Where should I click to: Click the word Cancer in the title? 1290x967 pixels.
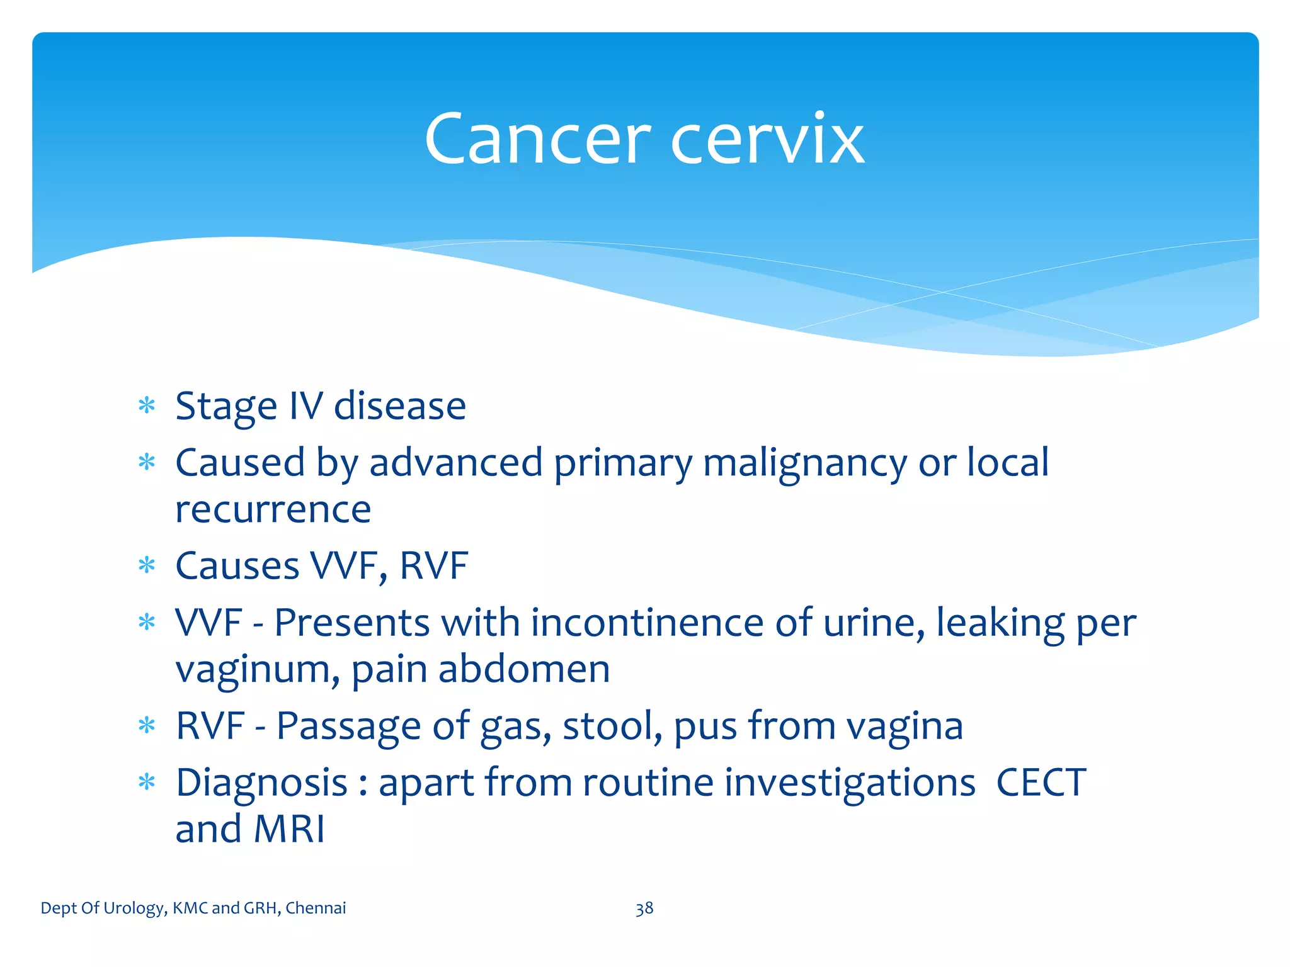pyautogui.click(x=537, y=140)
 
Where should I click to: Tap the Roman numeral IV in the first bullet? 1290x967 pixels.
pyautogui.click(x=305, y=406)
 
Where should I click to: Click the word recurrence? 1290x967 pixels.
pyautogui.click(x=273, y=510)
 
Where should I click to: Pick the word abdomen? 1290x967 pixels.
pyautogui.click(x=524, y=669)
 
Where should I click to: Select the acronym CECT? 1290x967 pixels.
pyautogui.click(x=1041, y=783)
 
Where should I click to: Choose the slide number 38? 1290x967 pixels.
pyautogui.click(x=644, y=908)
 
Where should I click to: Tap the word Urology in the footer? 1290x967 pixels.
pyautogui.click(x=134, y=908)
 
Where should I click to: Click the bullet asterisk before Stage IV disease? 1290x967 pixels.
pyautogui.click(x=147, y=405)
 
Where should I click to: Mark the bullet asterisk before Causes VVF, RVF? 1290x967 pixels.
pyautogui.click(x=147, y=565)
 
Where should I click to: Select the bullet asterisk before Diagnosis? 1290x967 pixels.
pyautogui.click(x=147, y=783)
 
